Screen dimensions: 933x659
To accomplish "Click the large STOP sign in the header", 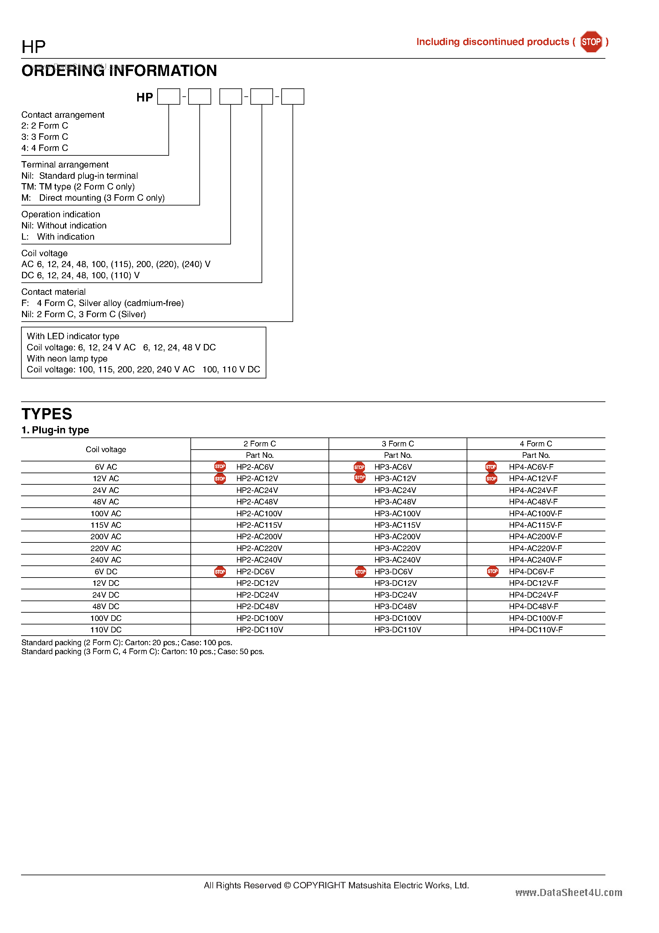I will [x=591, y=42].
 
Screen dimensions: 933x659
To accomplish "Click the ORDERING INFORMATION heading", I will [x=119, y=71].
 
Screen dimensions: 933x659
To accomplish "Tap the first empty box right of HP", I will [x=169, y=97].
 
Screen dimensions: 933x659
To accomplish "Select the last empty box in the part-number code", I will [x=292, y=97].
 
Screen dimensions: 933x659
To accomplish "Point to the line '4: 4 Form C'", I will [x=45, y=148].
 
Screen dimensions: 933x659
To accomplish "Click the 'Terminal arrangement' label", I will [x=65, y=165].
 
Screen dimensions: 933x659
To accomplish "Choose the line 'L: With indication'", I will [x=58, y=236].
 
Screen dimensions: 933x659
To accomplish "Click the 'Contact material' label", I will [x=53, y=292].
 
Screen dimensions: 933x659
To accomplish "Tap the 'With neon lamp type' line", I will [x=67, y=358].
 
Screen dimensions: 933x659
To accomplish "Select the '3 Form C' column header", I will [x=397, y=444].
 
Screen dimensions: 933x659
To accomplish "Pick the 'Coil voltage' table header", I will [x=106, y=450].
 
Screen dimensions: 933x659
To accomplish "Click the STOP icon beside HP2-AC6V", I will [x=220, y=466].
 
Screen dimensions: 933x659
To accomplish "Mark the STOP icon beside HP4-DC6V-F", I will [x=492, y=571].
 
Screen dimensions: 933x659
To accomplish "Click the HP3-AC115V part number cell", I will [x=397, y=525].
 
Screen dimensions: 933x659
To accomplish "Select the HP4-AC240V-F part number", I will [x=536, y=560].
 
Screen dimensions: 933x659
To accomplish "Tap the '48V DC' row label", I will [x=106, y=606].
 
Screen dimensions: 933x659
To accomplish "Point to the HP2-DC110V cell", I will [x=260, y=630].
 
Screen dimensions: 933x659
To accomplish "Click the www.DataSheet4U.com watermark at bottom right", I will [x=568, y=892].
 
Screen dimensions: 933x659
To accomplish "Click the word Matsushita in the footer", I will [x=368, y=885].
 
